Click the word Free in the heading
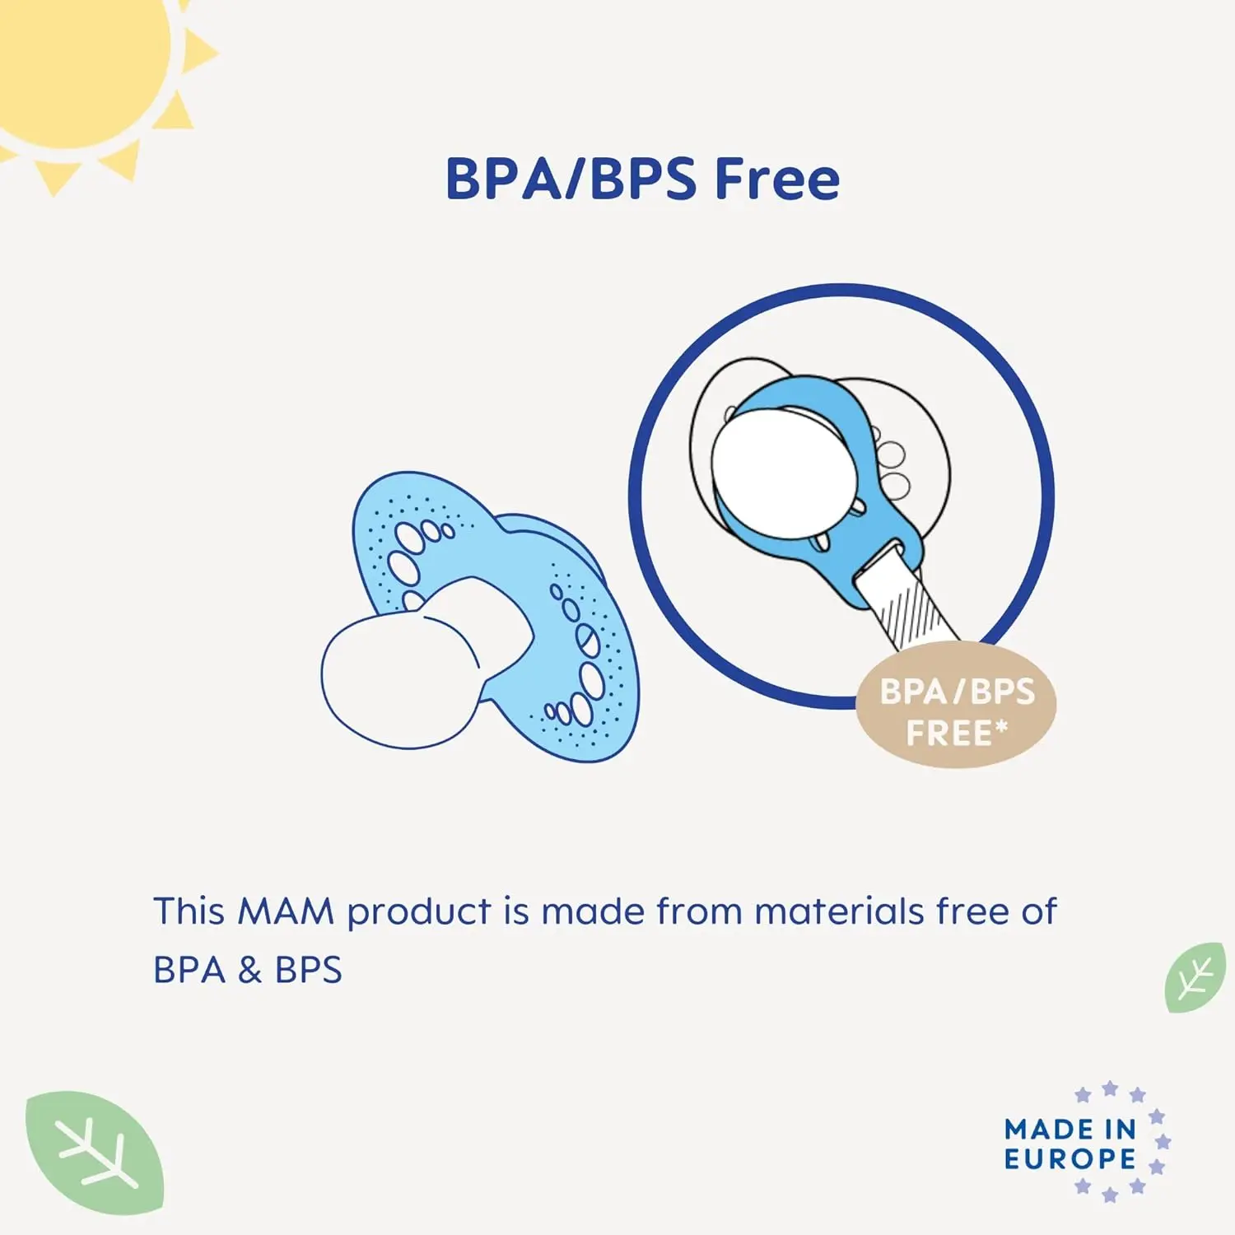[776, 179]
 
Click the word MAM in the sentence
[285, 912]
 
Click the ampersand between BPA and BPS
[249, 971]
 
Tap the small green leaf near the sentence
[1195, 977]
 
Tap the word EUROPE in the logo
[1070, 1159]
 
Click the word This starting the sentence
[189, 912]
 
